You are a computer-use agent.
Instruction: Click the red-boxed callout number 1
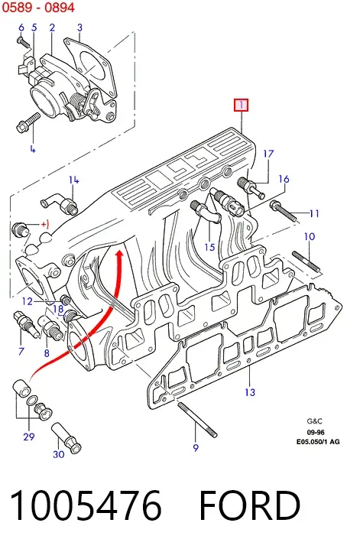tap(242, 105)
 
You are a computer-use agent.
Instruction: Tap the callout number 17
tap(268, 154)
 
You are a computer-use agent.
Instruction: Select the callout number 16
tap(284, 179)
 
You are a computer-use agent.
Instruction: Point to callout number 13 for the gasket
tap(250, 391)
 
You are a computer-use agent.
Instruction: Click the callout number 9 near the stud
tap(196, 447)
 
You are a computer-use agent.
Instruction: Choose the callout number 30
tap(59, 454)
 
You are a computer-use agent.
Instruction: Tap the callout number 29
tap(29, 437)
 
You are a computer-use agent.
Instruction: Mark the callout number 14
tap(73, 180)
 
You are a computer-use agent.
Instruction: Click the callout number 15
tap(209, 247)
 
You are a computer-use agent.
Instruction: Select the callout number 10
tap(310, 236)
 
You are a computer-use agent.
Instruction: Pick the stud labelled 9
tap(197, 420)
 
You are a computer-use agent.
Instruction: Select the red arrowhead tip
tap(120, 251)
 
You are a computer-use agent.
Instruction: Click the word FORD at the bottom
tap(249, 505)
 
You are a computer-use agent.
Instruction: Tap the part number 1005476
tap(86, 505)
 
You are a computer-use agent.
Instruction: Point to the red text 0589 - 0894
tap(38, 7)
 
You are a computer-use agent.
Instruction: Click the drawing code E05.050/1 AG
tap(318, 441)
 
